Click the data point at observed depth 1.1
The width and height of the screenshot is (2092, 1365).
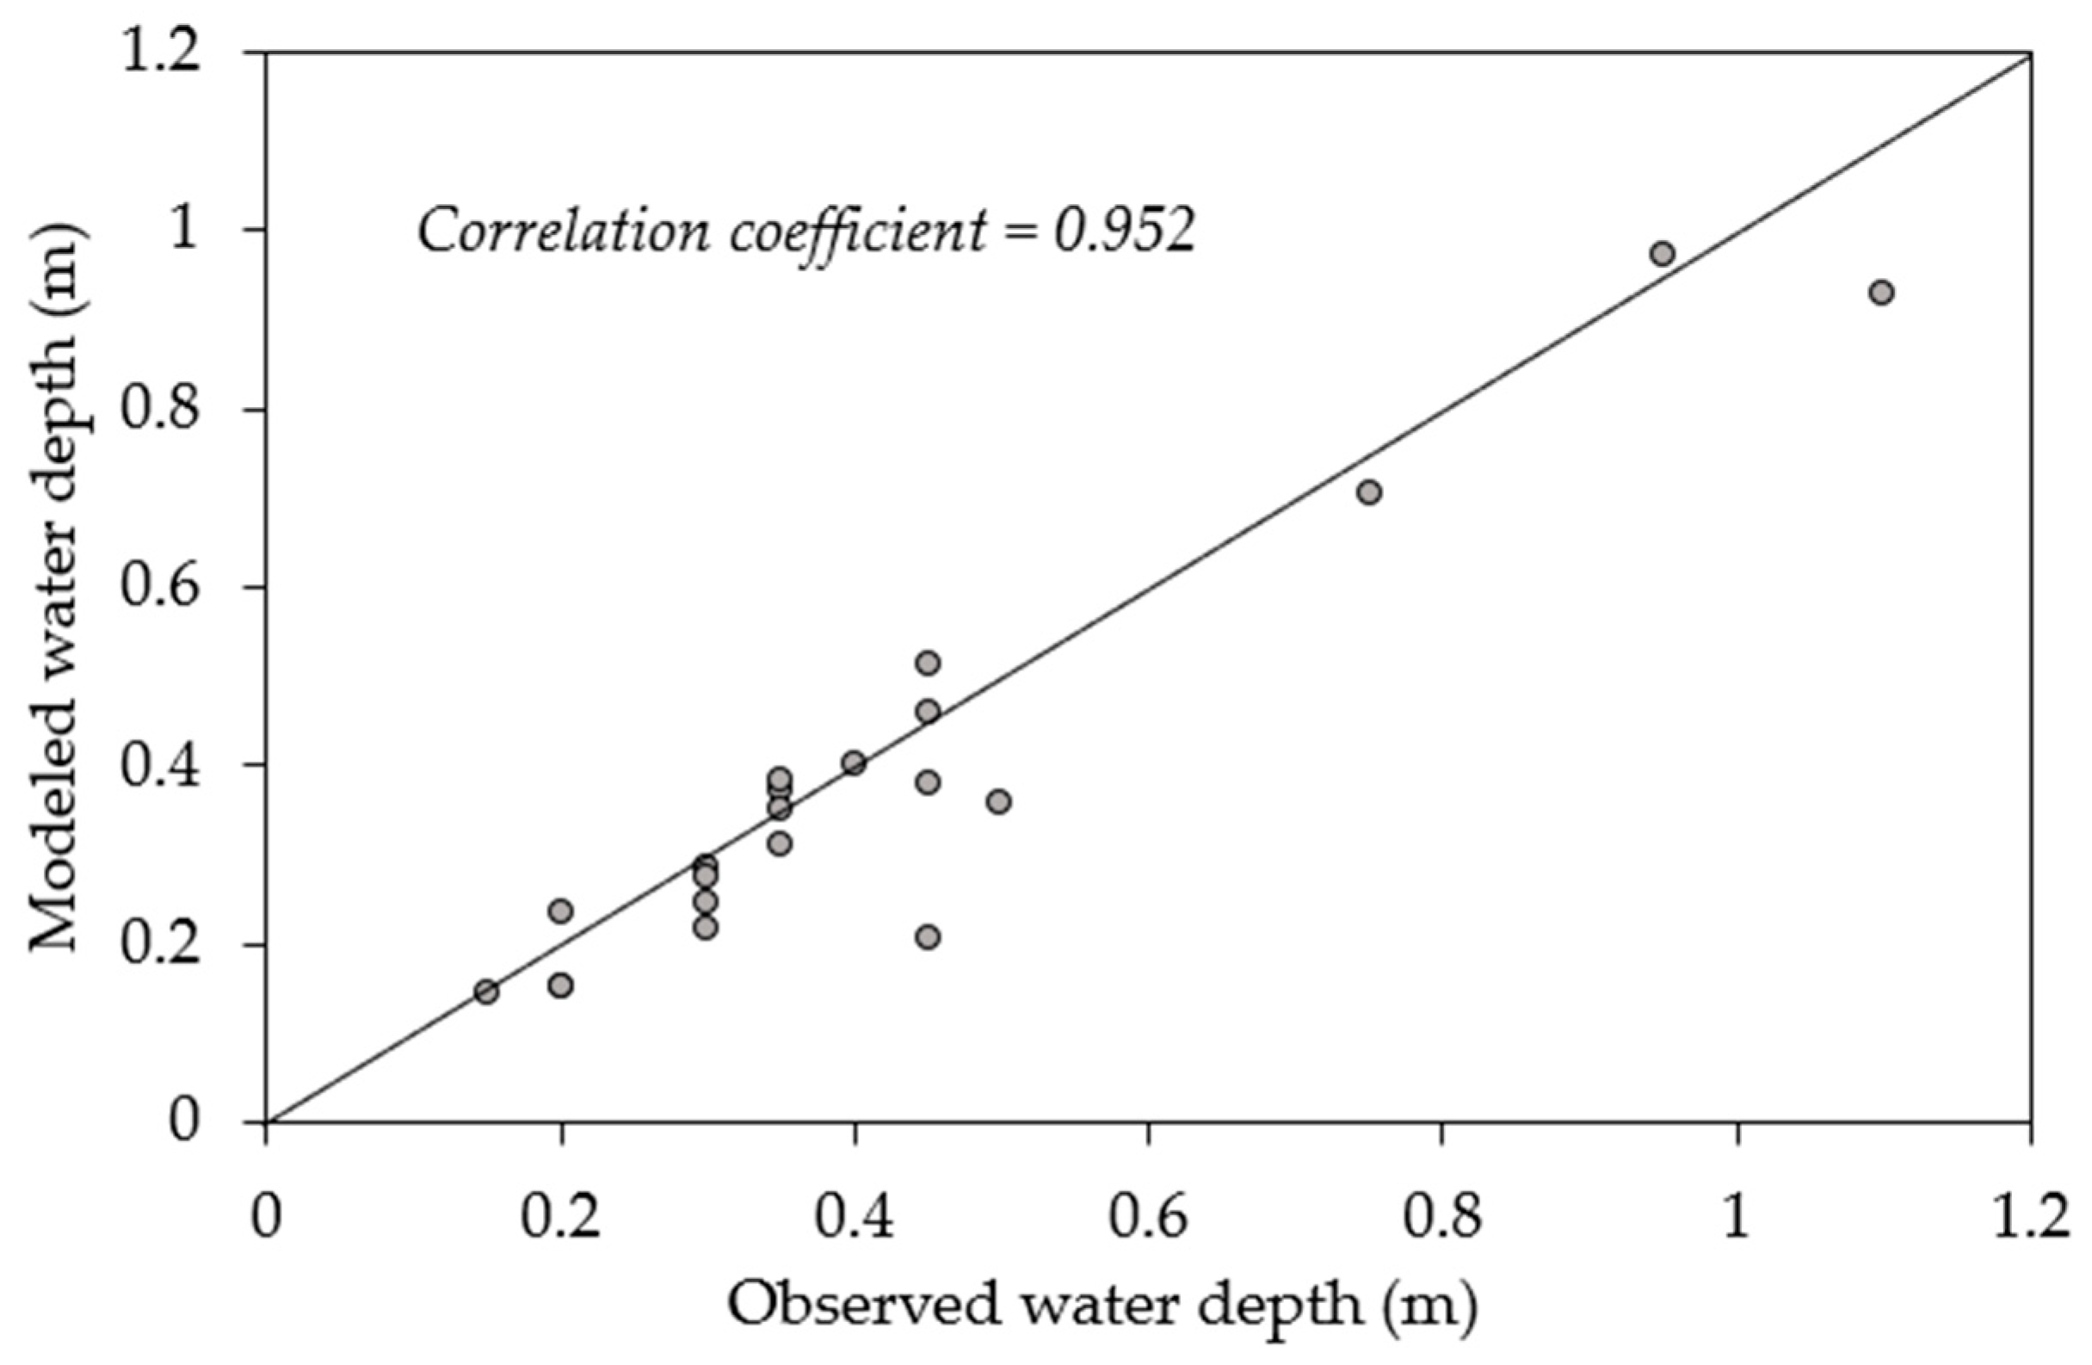coord(1881,293)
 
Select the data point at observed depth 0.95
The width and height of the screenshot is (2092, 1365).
coord(1661,254)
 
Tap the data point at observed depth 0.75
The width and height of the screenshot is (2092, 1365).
coord(1368,492)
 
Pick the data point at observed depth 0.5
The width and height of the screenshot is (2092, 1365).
coord(998,801)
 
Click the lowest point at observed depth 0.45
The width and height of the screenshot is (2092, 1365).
coord(929,937)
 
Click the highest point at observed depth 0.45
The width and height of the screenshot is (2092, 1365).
coord(929,663)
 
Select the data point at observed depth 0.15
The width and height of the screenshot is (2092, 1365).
coord(486,991)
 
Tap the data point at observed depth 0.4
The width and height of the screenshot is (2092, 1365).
coord(854,763)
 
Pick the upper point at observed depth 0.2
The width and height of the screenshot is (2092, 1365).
coord(561,911)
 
